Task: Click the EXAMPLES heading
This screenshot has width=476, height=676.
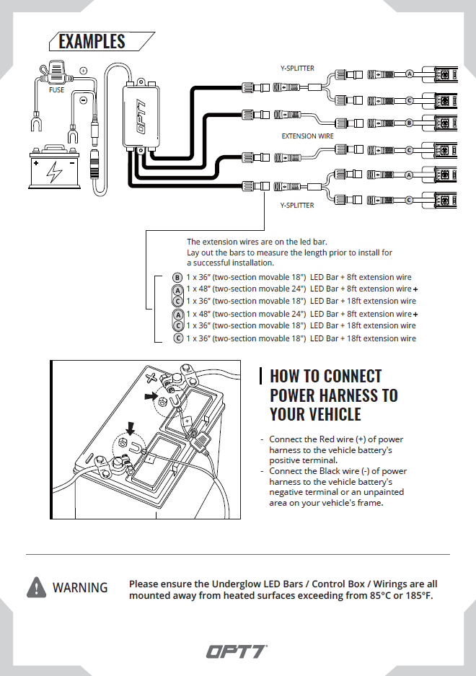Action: pos(92,41)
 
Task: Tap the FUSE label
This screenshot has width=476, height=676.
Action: pos(56,91)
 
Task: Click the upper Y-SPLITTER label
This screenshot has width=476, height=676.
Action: pos(297,69)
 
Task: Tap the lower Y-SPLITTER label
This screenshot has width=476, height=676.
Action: pos(297,206)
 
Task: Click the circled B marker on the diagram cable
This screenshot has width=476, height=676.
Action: pos(409,123)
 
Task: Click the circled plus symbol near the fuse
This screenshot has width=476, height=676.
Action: pos(84,71)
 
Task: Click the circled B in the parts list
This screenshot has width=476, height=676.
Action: pos(177,277)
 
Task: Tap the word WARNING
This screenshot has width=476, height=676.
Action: pos(80,588)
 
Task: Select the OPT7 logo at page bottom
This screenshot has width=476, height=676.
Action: pos(237,651)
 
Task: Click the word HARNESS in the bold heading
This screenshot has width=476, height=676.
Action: pos(347,395)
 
